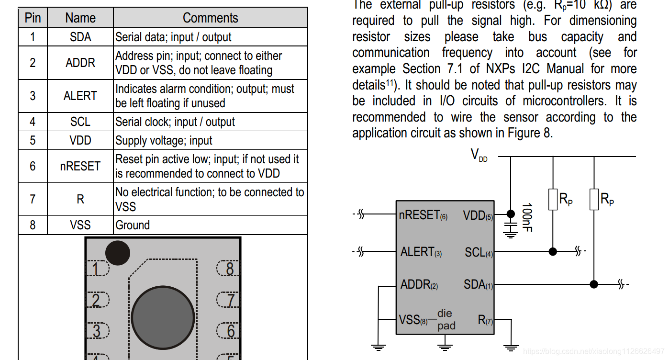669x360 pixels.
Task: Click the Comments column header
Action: [210, 18]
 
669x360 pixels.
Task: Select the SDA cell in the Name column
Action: [80, 37]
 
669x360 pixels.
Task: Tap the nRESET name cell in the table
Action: [80, 166]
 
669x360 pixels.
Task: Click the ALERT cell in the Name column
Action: [80, 96]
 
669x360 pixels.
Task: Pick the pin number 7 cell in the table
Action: [33, 199]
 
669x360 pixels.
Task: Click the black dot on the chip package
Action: [118, 253]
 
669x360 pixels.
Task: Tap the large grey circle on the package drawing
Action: [163, 317]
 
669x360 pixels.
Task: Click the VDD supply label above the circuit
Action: [479, 155]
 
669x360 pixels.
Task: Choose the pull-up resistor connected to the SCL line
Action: [553, 199]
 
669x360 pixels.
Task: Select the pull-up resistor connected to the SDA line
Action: [594, 199]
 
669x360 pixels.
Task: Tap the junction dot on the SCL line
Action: [553, 251]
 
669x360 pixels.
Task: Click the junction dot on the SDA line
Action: [594, 284]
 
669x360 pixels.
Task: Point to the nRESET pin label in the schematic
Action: [423, 215]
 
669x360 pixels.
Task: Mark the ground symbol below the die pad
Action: [446, 347]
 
